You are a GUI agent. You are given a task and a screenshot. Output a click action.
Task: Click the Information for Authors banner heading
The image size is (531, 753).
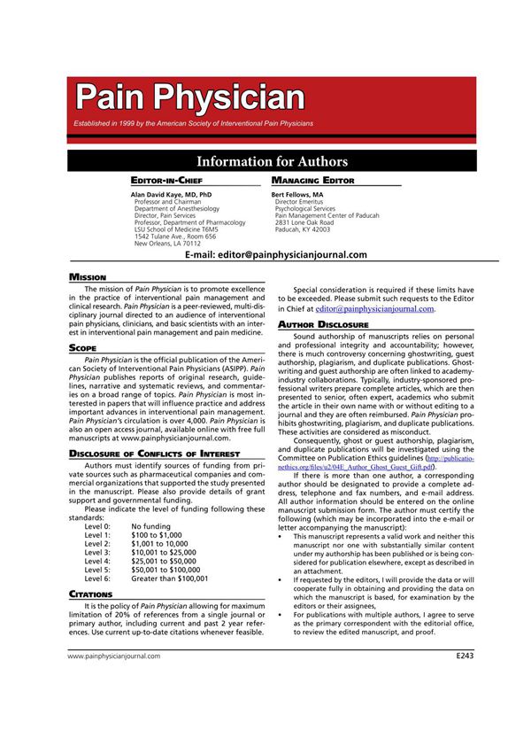[x=272, y=161]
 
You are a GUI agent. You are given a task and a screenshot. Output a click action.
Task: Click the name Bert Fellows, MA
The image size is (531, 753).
[x=297, y=193]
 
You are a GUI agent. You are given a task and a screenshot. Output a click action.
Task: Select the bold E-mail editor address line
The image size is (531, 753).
[x=276, y=254]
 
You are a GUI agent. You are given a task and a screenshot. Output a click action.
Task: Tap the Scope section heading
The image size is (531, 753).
[x=84, y=349]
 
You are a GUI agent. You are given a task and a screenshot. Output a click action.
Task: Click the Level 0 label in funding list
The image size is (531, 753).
[x=97, y=526]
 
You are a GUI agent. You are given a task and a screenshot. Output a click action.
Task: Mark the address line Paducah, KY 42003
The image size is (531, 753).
[x=303, y=229]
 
